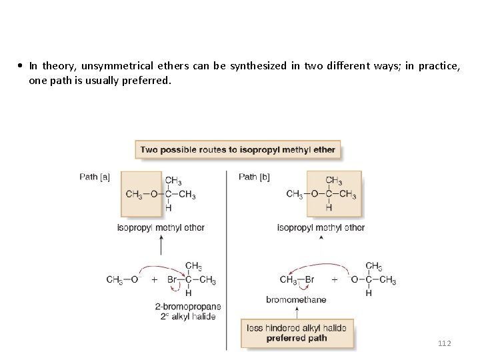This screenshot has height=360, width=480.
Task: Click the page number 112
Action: (444, 343)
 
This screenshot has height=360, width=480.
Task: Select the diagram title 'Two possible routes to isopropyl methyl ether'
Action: (237, 150)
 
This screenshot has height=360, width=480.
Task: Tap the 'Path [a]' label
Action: (95, 177)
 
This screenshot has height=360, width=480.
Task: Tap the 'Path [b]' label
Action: (254, 177)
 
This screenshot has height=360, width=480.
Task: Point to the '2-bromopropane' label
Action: (187, 307)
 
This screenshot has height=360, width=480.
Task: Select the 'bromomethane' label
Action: (296, 299)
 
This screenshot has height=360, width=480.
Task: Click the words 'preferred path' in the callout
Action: (297, 338)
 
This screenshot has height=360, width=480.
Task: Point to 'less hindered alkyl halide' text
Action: (298, 328)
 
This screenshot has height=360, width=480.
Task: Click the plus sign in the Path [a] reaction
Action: (154, 280)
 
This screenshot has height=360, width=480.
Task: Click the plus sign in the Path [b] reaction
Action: (335, 280)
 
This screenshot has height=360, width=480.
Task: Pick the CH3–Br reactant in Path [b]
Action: (297, 280)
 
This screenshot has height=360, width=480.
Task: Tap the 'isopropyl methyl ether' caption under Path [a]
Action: (161, 227)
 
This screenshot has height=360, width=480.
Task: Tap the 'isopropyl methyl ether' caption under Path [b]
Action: (321, 227)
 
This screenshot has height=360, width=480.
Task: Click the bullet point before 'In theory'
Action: (22, 66)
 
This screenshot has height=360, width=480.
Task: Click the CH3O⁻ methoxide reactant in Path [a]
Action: (122, 280)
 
